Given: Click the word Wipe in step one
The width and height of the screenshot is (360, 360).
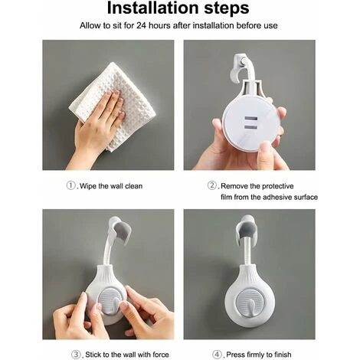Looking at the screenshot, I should (x=91, y=185).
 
